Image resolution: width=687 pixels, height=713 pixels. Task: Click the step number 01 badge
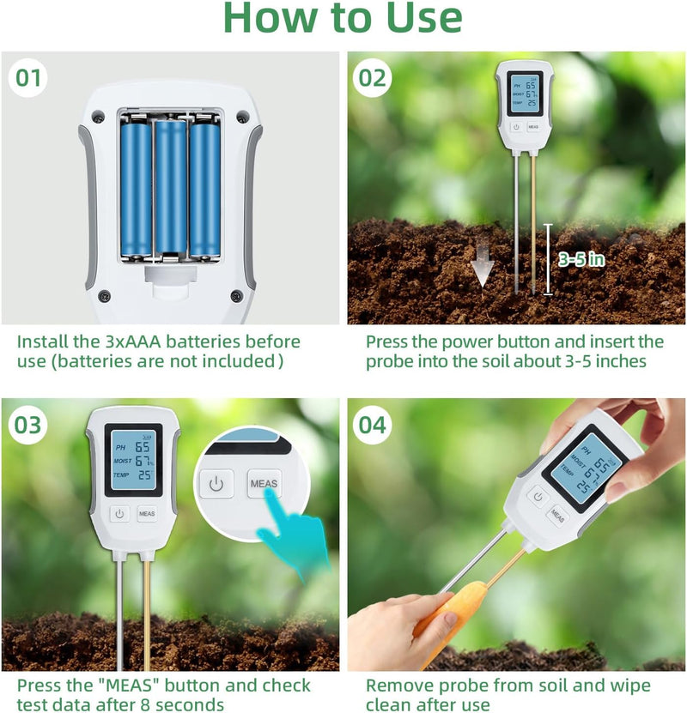click(x=28, y=78)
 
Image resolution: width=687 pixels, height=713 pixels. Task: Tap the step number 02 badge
click(x=373, y=78)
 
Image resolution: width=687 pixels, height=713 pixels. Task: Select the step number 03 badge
click(x=28, y=425)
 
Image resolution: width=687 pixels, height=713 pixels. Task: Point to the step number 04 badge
click(x=373, y=425)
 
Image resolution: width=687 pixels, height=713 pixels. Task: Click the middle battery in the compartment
click(x=171, y=187)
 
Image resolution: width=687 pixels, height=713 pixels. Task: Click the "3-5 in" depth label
click(x=582, y=259)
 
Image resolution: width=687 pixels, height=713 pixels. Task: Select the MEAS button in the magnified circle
click(x=264, y=484)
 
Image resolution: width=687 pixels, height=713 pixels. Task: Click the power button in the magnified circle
click(x=216, y=484)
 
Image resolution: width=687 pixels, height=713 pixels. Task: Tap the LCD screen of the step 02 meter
click(x=525, y=94)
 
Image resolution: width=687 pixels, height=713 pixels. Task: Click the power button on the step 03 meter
click(x=119, y=514)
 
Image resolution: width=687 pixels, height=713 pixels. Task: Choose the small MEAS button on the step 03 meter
click(x=146, y=514)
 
